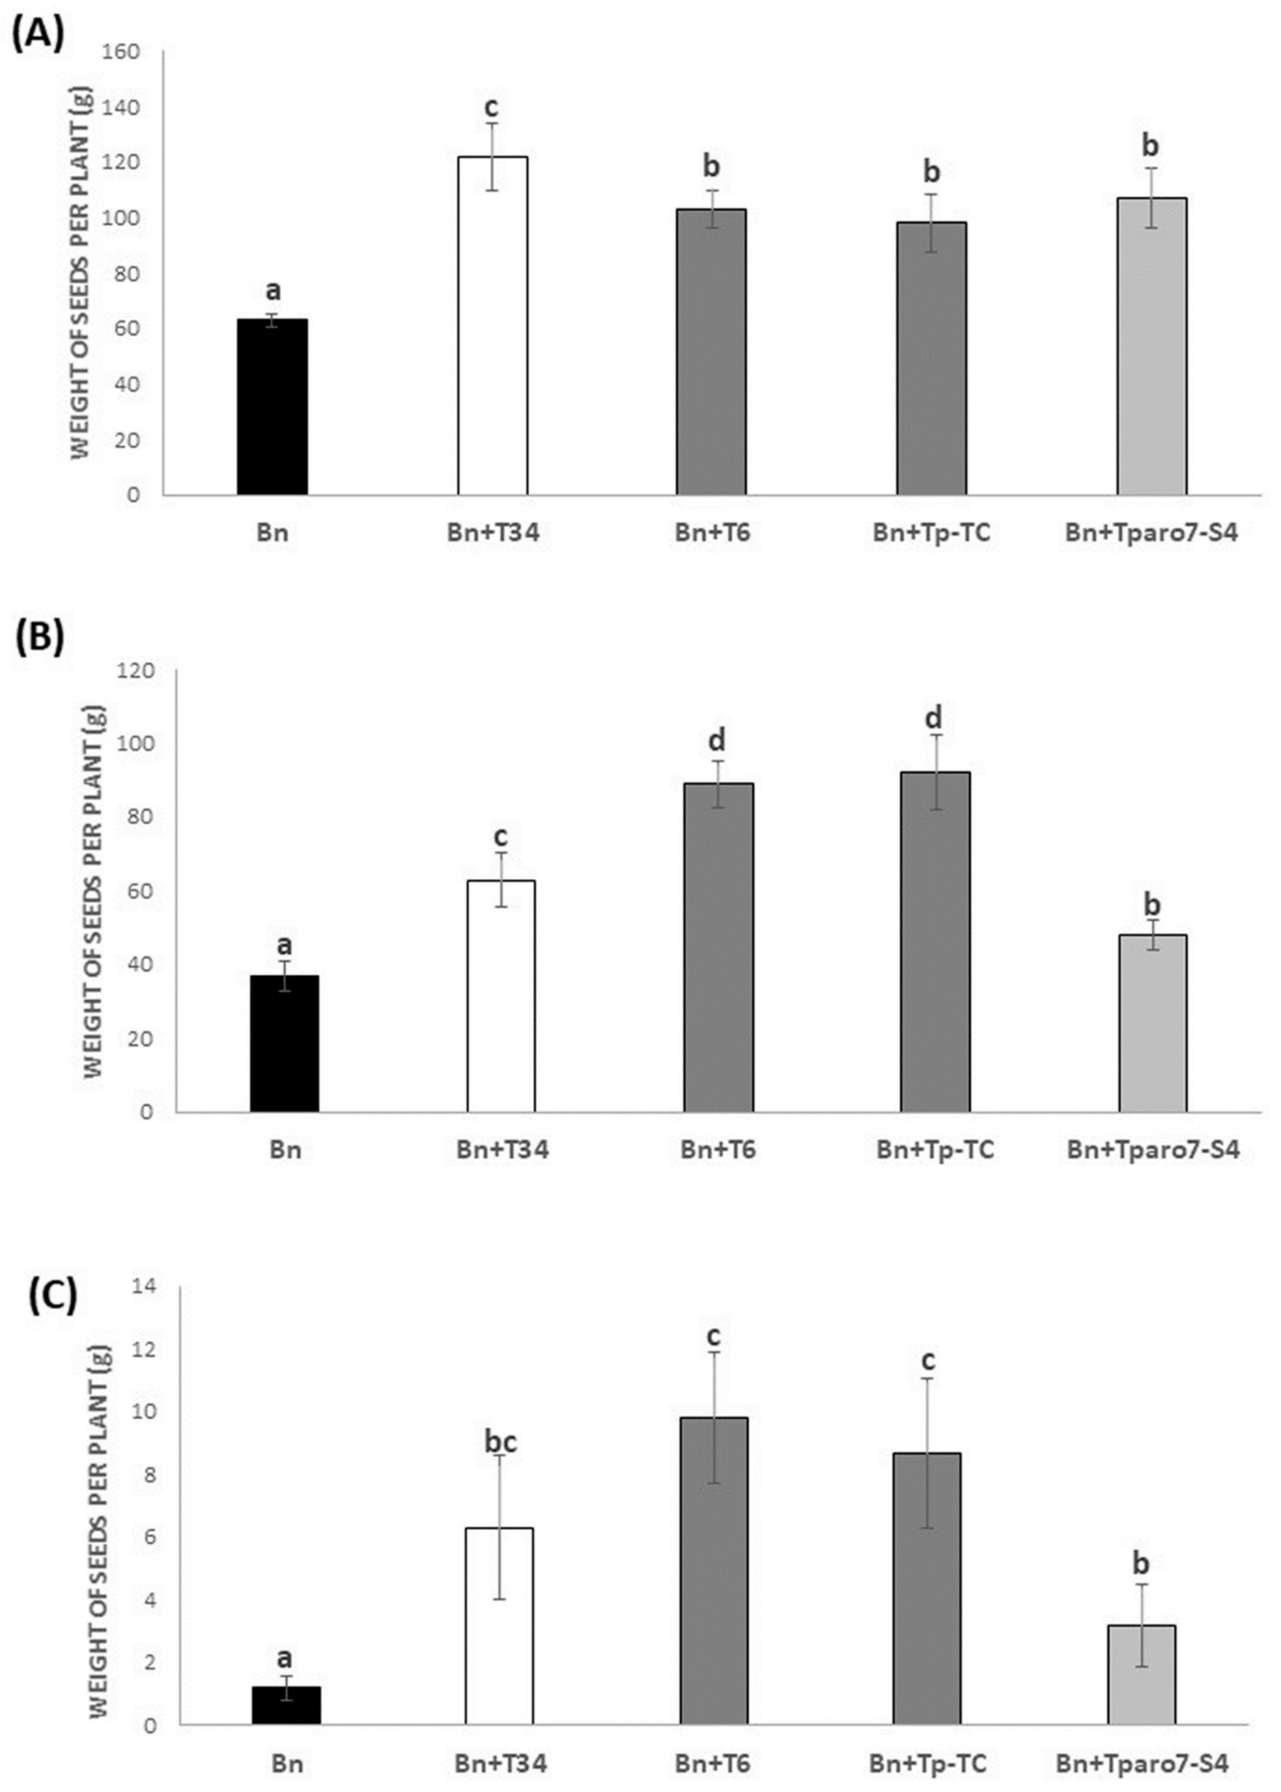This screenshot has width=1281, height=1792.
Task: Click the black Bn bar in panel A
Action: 272,407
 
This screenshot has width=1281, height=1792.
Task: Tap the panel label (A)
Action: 37,36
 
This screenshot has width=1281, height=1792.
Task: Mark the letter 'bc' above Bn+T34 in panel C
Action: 500,1441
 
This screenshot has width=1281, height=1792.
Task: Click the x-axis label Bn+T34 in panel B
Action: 503,1150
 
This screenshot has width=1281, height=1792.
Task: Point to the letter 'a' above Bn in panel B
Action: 285,944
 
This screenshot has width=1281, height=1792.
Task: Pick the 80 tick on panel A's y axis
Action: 127,274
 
